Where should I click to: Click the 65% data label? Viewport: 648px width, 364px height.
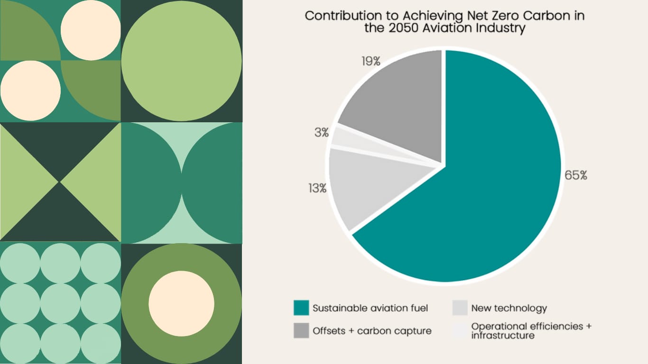(x=576, y=175)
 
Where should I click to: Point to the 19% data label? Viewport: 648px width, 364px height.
(x=370, y=61)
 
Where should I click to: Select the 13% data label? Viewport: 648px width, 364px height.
(x=317, y=188)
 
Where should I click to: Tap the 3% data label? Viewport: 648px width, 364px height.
(x=321, y=133)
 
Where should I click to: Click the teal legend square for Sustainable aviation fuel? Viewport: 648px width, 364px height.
(x=301, y=308)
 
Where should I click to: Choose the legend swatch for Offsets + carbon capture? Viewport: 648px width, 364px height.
(x=301, y=331)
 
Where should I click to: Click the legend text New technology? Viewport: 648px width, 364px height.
(x=509, y=308)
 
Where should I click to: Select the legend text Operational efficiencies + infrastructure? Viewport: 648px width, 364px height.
(x=531, y=331)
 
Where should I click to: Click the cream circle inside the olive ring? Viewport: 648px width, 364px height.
(x=181, y=303)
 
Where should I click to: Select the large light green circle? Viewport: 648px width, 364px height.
(x=181, y=61)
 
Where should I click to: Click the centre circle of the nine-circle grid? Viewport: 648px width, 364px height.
(x=60, y=303)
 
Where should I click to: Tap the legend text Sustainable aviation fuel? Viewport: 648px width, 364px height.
(x=370, y=308)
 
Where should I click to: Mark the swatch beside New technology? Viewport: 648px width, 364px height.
(x=460, y=308)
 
